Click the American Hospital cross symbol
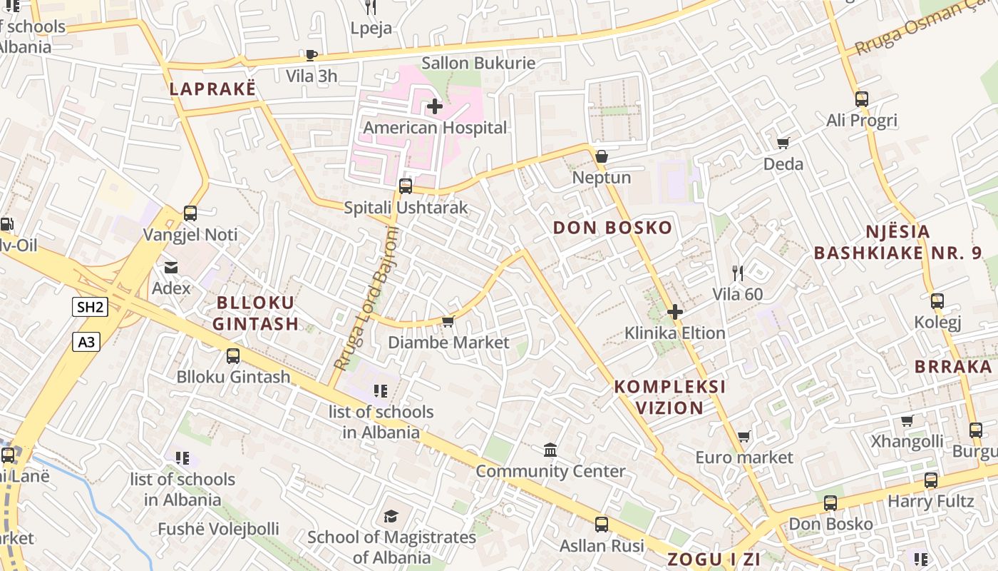434,107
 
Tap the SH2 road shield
91,308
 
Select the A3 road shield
86,342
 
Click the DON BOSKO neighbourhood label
612,228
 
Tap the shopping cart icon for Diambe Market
448,321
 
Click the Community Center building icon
550,450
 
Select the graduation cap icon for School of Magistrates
391,516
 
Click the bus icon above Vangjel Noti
190,213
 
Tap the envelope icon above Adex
171,268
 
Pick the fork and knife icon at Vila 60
738,273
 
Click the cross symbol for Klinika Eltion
674,312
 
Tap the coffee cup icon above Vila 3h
311,55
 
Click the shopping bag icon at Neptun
602,156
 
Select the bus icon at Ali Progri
861,99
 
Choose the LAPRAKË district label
212,89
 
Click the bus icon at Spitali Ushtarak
406,186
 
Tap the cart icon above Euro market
744,436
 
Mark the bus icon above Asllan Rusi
602,525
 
